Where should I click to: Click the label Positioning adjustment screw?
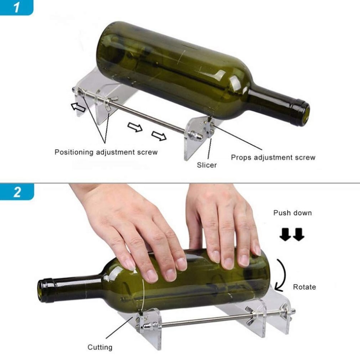[x=106, y=152]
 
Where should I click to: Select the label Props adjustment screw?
[x=273, y=157]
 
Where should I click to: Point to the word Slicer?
[x=207, y=165]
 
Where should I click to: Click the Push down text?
[x=292, y=213]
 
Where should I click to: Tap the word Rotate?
[x=304, y=287]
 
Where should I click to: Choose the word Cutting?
[x=100, y=347]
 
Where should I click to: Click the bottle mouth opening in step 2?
[x=42, y=291]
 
